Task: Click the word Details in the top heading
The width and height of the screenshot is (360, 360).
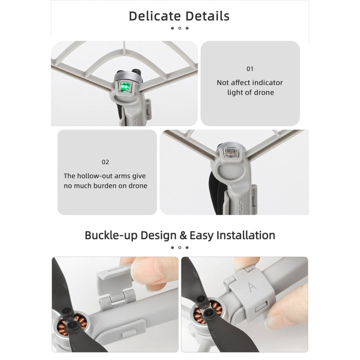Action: [x=204, y=16]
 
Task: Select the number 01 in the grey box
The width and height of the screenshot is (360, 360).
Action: [x=250, y=69]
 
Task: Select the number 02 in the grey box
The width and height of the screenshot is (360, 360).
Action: [x=105, y=162]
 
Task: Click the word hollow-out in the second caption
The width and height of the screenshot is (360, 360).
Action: [x=96, y=176]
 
